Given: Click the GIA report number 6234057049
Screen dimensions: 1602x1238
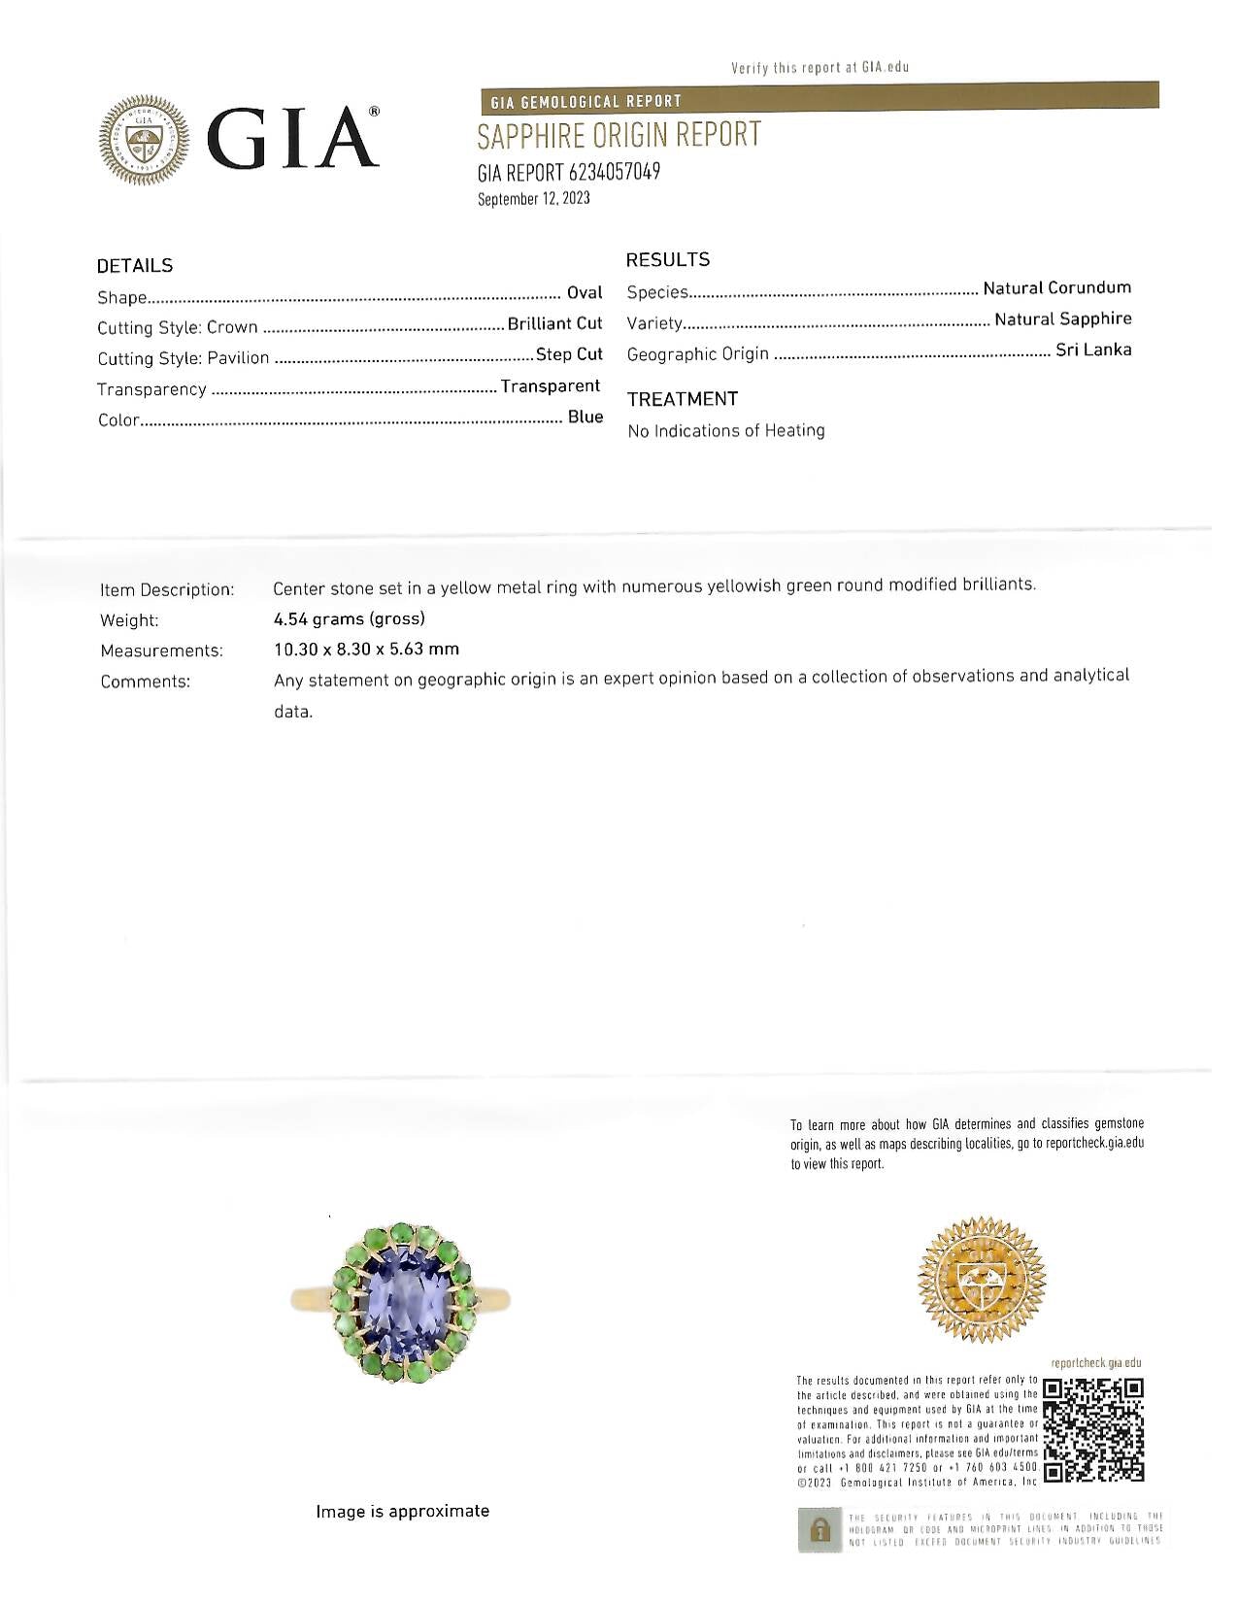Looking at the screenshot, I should pyautogui.click(x=569, y=173).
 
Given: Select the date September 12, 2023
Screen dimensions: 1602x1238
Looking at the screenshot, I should pyautogui.click(x=533, y=199).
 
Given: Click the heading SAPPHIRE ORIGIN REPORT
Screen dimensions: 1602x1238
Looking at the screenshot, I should pyautogui.click(x=619, y=135).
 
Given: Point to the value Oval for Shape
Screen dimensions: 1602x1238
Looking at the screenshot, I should pyautogui.click(x=585, y=292).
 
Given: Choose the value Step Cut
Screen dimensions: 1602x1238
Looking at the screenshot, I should pyautogui.click(x=569, y=354).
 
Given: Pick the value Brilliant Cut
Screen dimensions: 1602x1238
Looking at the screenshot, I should pyautogui.click(x=554, y=323).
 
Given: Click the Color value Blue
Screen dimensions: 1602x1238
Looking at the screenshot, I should pyautogui.click(x=586, y=417).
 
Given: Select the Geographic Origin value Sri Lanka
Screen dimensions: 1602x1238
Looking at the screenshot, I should pyautogui.click(x=1093, y=350).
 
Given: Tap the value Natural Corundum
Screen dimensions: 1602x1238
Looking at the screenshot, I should pyautogui.click(x=1056, y=287).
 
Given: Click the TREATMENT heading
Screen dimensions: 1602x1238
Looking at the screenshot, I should pyautogui.click(x=682, y=399).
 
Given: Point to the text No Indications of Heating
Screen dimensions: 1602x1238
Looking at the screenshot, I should pyautogui.click(x=726, y=430).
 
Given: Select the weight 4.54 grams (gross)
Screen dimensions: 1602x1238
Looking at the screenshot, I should pyautogui.click(x=350, y=618).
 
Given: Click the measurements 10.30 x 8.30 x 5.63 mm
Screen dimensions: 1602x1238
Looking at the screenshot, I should pyautogui.click(x=366, y=649).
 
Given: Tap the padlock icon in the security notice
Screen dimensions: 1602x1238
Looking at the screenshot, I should pyautogui.click(x=820, y=1529).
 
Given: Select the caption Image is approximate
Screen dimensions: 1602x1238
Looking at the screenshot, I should pyautogui.click(x=402, y=1511).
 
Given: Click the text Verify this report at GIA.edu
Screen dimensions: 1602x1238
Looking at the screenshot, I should pyautogui.click(x=820, y=67).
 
